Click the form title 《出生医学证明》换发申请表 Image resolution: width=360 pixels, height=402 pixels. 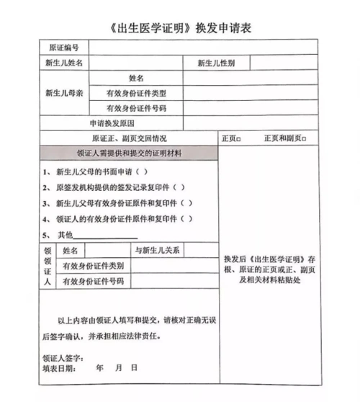coord(180,28)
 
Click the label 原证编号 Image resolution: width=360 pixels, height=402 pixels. coord(63,48)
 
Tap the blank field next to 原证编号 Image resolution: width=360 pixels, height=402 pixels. coord(202,48)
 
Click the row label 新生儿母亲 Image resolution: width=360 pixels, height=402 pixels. coord(64,92)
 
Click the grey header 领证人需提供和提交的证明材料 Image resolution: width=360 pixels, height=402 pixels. coord(129,153)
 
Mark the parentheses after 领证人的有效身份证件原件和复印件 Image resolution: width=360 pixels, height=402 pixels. coord(186,219)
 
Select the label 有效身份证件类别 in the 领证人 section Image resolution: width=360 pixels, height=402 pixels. coord(93,266)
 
